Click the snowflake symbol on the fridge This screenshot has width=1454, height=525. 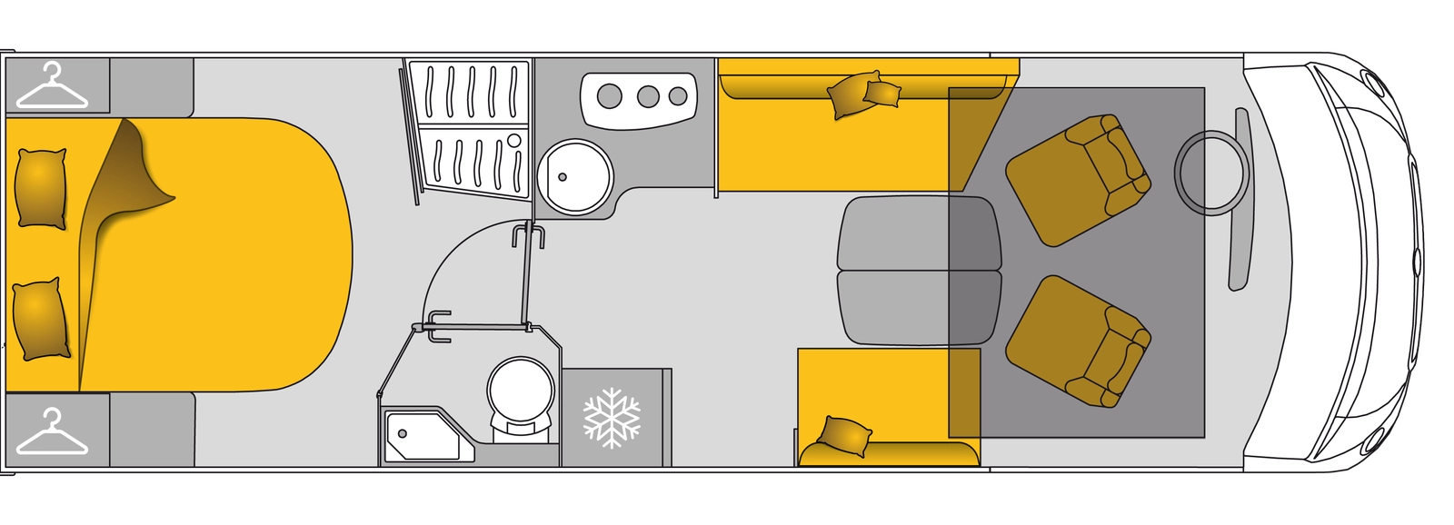click(612, 418)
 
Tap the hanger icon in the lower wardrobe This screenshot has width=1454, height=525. click(53, 432)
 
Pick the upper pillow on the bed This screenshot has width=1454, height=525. click(42, 187)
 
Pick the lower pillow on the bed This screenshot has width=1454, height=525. click(41, 320)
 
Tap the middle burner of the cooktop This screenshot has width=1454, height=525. click(648, 94)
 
